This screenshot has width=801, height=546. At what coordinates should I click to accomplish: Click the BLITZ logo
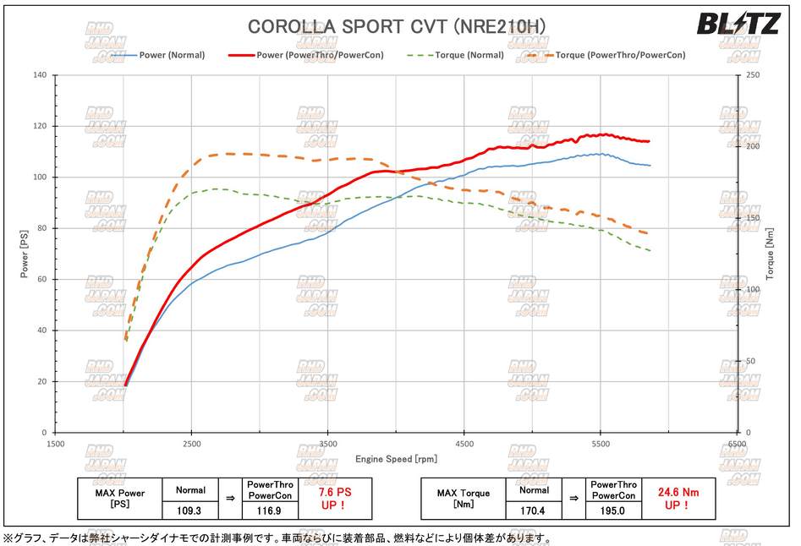tap(738, 25)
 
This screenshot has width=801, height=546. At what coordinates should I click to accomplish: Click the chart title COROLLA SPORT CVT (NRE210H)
tap(396, 27)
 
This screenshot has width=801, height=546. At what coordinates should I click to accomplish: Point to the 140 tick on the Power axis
tap(40, 75)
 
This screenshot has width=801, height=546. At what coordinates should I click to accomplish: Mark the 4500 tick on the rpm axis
tap(464, 443)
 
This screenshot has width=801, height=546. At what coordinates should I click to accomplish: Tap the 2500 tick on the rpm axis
tap(192, 443)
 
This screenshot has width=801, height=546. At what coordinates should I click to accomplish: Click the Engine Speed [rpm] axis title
tap(396, 459)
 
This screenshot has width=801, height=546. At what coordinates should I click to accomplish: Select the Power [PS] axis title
tap(25, 254)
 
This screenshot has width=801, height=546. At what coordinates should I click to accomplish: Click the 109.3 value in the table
tap(190, 511)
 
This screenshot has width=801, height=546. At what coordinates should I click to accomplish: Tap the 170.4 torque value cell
tap(534, 511)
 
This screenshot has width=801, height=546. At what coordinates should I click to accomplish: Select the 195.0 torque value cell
tap(613, 511)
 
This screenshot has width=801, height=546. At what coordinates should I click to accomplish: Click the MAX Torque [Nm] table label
tap(463, 498)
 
